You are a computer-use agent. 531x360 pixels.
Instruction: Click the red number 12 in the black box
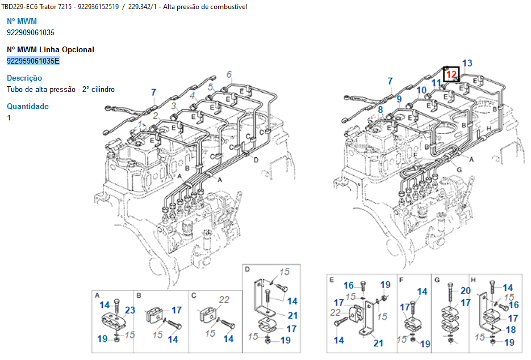[x=451, y=74]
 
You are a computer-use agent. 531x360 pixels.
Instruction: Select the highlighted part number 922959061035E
[x=33, y=61]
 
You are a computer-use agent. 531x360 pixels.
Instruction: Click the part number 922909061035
[x=31, y=32]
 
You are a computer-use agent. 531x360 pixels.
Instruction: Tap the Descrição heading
[x=24, y=78]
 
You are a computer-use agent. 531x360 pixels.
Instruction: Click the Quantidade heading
[x=28, y=106]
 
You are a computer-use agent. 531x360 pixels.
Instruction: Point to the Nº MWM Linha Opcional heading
[x=51, y=49]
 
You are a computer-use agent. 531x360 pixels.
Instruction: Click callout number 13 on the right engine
[x=467, y=63]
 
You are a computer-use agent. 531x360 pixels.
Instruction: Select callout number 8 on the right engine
[x=380, y=109]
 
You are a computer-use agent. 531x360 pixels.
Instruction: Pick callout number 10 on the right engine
[x=421, y=90]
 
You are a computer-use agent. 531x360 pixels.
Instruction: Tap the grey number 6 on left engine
[x=228, y=74]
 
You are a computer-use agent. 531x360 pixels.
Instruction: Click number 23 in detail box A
[x=131, y=310]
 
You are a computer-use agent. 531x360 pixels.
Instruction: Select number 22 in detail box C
[x=224, y=300]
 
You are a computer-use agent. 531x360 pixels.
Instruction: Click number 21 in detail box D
[x=292, y=315]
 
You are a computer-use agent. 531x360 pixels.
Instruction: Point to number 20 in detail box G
[x=465, y=291]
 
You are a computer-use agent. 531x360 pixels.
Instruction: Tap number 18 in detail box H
[x=510, y=330]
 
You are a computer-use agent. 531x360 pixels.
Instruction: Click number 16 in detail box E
[x=349, y=285]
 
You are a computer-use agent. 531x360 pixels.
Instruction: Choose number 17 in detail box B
[x=177, y=310]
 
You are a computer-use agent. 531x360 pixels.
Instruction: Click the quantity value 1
[x=9, y=118]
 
